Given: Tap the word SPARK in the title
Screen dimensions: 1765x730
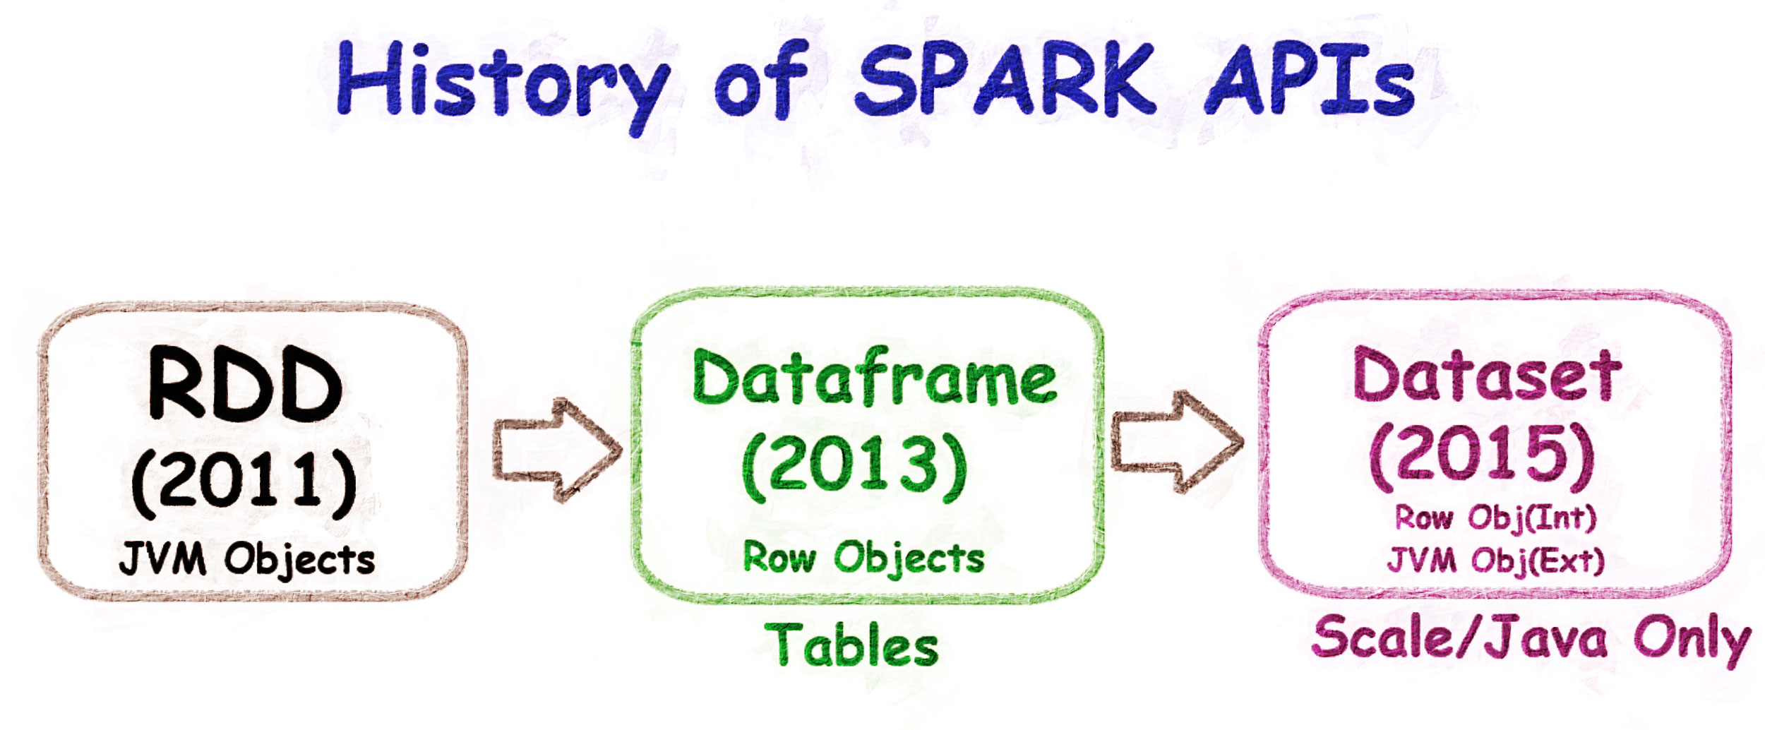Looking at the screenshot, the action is [1006, 79].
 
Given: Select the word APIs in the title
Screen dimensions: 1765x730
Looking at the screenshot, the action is [1310, 79].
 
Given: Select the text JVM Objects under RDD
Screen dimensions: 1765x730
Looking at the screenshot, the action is [246, 559].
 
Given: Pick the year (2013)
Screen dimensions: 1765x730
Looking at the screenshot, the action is [855, 465].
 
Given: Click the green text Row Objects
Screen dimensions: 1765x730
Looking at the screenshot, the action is [863, 558].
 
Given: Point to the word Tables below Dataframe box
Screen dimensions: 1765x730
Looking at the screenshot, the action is [851, 644].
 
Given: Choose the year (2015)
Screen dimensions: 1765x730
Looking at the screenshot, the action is [1482, 458].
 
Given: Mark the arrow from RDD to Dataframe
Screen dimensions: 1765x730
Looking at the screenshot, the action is [557, 450].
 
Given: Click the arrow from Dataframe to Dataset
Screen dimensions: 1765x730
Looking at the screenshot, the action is [1177, 442].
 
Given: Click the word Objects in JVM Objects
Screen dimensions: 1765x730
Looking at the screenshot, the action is [299, 561].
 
